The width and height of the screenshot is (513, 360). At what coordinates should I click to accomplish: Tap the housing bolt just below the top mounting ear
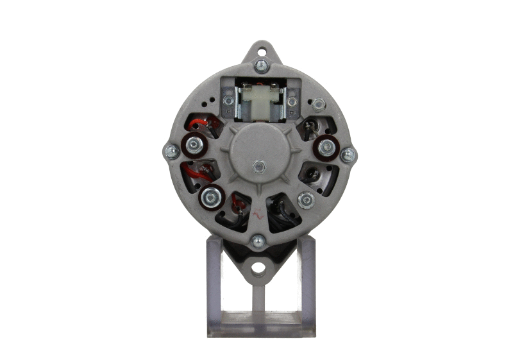(261, 65)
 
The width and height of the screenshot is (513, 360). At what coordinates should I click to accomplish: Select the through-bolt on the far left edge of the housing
(171, 152)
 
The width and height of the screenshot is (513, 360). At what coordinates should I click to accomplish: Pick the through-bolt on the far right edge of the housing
(348, 155)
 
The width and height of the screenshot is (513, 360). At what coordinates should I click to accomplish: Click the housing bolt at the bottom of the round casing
(258, 241)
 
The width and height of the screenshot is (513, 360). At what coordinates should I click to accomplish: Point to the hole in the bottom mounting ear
(258, 268)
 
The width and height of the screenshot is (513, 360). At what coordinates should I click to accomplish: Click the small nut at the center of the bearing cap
(258, 166)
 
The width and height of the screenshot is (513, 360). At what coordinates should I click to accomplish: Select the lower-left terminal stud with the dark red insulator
(211, 197)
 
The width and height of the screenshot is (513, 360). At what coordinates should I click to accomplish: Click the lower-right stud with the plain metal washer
(307, 200)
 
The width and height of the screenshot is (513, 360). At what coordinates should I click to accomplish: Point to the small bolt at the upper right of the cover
(318, 103)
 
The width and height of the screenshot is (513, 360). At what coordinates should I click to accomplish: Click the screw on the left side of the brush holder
(226, 101)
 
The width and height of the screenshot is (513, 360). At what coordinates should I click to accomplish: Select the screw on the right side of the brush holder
(292, 101)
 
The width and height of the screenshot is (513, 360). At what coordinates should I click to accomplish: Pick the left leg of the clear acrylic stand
(214, 282)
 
